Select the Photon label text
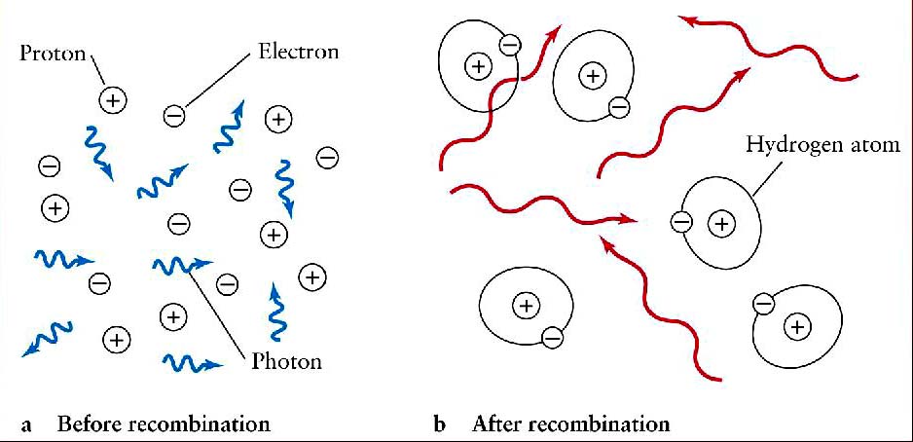click(x=285, y=363)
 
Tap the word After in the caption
click(x=496, y=424)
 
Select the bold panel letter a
click(x=26, y=425)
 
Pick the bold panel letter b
click(x=440, y=424)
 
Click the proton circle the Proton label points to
click(x=113, y=99)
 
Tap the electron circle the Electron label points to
click(x=173, y=116)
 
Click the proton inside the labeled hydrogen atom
click(x=721, y=224)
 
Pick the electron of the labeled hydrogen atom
click(x=681, y=223)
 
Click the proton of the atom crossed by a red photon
click(x=478, y=66)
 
